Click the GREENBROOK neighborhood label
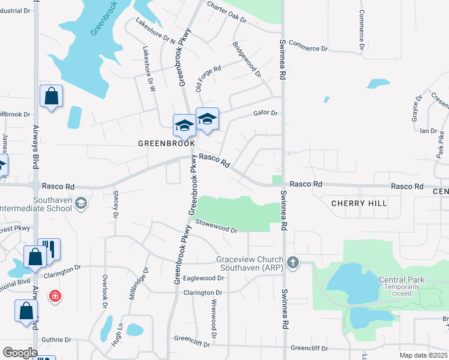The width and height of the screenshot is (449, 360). point(167,143)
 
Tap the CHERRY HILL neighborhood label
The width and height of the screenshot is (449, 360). point(360,203)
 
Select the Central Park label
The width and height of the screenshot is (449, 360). point(401,280)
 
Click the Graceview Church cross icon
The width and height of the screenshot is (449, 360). point(293,262)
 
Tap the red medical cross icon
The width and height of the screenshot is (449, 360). point(55,296)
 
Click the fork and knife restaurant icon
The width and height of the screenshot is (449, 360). point(49,250)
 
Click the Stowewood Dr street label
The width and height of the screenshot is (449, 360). point(218,229)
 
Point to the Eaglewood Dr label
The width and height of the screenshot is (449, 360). point(203,278)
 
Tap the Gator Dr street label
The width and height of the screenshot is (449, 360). point(265,113)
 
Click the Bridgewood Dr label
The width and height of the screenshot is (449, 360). point(247,60)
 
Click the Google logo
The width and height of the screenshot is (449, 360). point(20,353)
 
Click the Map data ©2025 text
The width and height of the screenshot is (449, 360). point(423,355)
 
